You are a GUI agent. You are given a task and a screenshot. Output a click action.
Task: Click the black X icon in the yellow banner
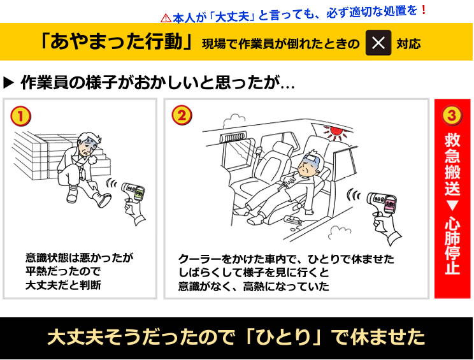tap(378, 43)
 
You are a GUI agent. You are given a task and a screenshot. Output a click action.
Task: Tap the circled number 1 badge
tap(20, 115)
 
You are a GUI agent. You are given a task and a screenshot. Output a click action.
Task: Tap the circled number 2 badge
tap(182, 115)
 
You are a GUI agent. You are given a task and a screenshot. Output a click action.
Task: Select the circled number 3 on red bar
tap(452, 115)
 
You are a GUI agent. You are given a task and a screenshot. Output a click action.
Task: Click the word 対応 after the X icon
tap(408, 43)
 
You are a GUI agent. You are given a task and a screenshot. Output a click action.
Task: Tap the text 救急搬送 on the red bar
tap(452, 163)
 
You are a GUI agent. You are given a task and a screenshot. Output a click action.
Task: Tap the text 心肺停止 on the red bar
tap(452, 246)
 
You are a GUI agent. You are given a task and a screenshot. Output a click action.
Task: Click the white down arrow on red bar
tap(452, 206)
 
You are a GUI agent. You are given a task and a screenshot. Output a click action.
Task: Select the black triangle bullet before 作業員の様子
tap(9, 83)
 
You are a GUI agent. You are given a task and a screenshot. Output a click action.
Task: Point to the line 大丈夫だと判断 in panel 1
tap(63, 285)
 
